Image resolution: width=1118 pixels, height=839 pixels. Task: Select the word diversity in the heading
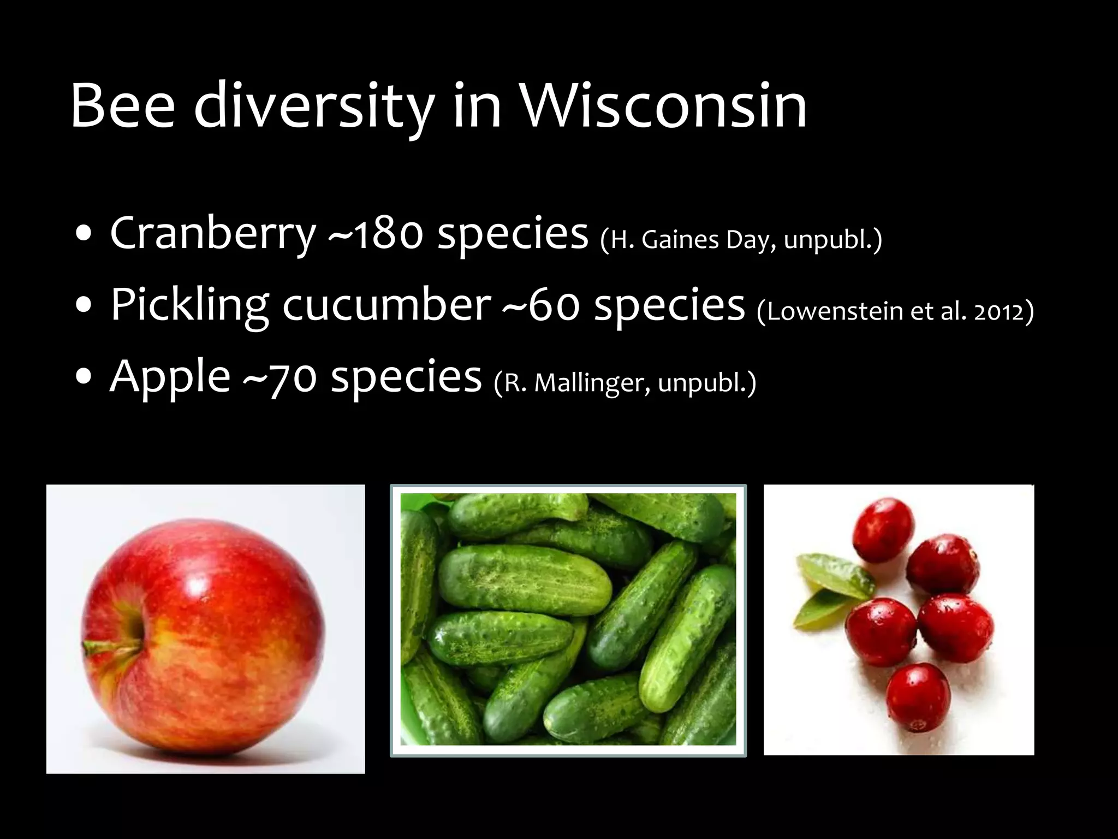(x=314, y=107)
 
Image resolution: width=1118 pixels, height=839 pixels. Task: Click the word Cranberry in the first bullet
(x=213, y=234)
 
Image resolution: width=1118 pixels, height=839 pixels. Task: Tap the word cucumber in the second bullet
(x=386, y=306)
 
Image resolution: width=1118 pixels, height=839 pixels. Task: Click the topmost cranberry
(x=883, y=529)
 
